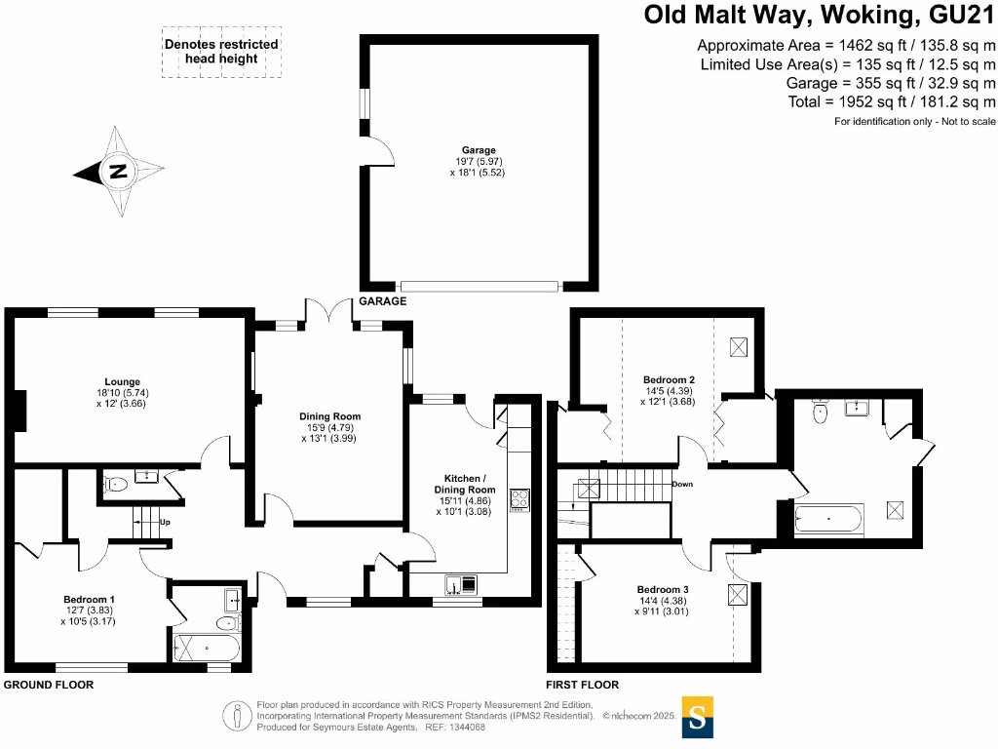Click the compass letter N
click(118, 172)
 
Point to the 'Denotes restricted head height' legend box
click(221, 52)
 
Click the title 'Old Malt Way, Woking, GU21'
click(820, 16)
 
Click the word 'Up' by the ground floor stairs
click(165, 522)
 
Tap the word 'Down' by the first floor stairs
click(682, 483)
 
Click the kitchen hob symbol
click(519, 499)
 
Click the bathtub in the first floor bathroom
click(828, 520)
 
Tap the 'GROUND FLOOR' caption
click(49, 685)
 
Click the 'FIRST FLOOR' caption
click(583, 685)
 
